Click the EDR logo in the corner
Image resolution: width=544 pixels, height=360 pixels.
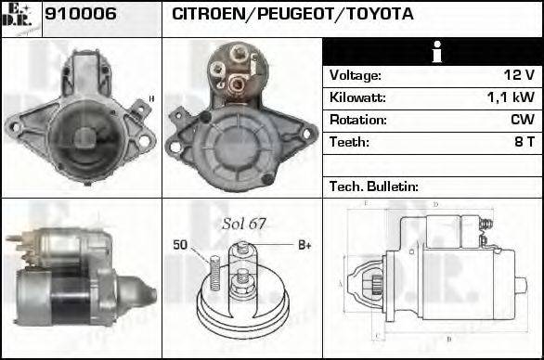tap(20, 18)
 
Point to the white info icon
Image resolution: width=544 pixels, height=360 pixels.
tap(433, 53)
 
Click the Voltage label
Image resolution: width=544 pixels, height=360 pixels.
tap(355, 75)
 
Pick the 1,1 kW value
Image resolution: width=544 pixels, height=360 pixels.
tap(511, 97)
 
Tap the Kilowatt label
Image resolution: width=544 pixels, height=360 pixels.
tap(357, 97)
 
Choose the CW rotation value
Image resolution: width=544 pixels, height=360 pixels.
tap(522, 120)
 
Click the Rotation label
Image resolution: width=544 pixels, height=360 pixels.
tap(356, 120)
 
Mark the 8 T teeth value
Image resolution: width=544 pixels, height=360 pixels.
tap(524, 142)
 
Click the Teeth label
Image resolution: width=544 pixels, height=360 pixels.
tap(349, 142)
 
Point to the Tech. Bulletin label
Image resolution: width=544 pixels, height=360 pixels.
tap(374, 186)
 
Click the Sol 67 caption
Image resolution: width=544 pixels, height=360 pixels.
tap(244, 225)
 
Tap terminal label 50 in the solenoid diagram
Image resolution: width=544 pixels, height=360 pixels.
tap(181, 244)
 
